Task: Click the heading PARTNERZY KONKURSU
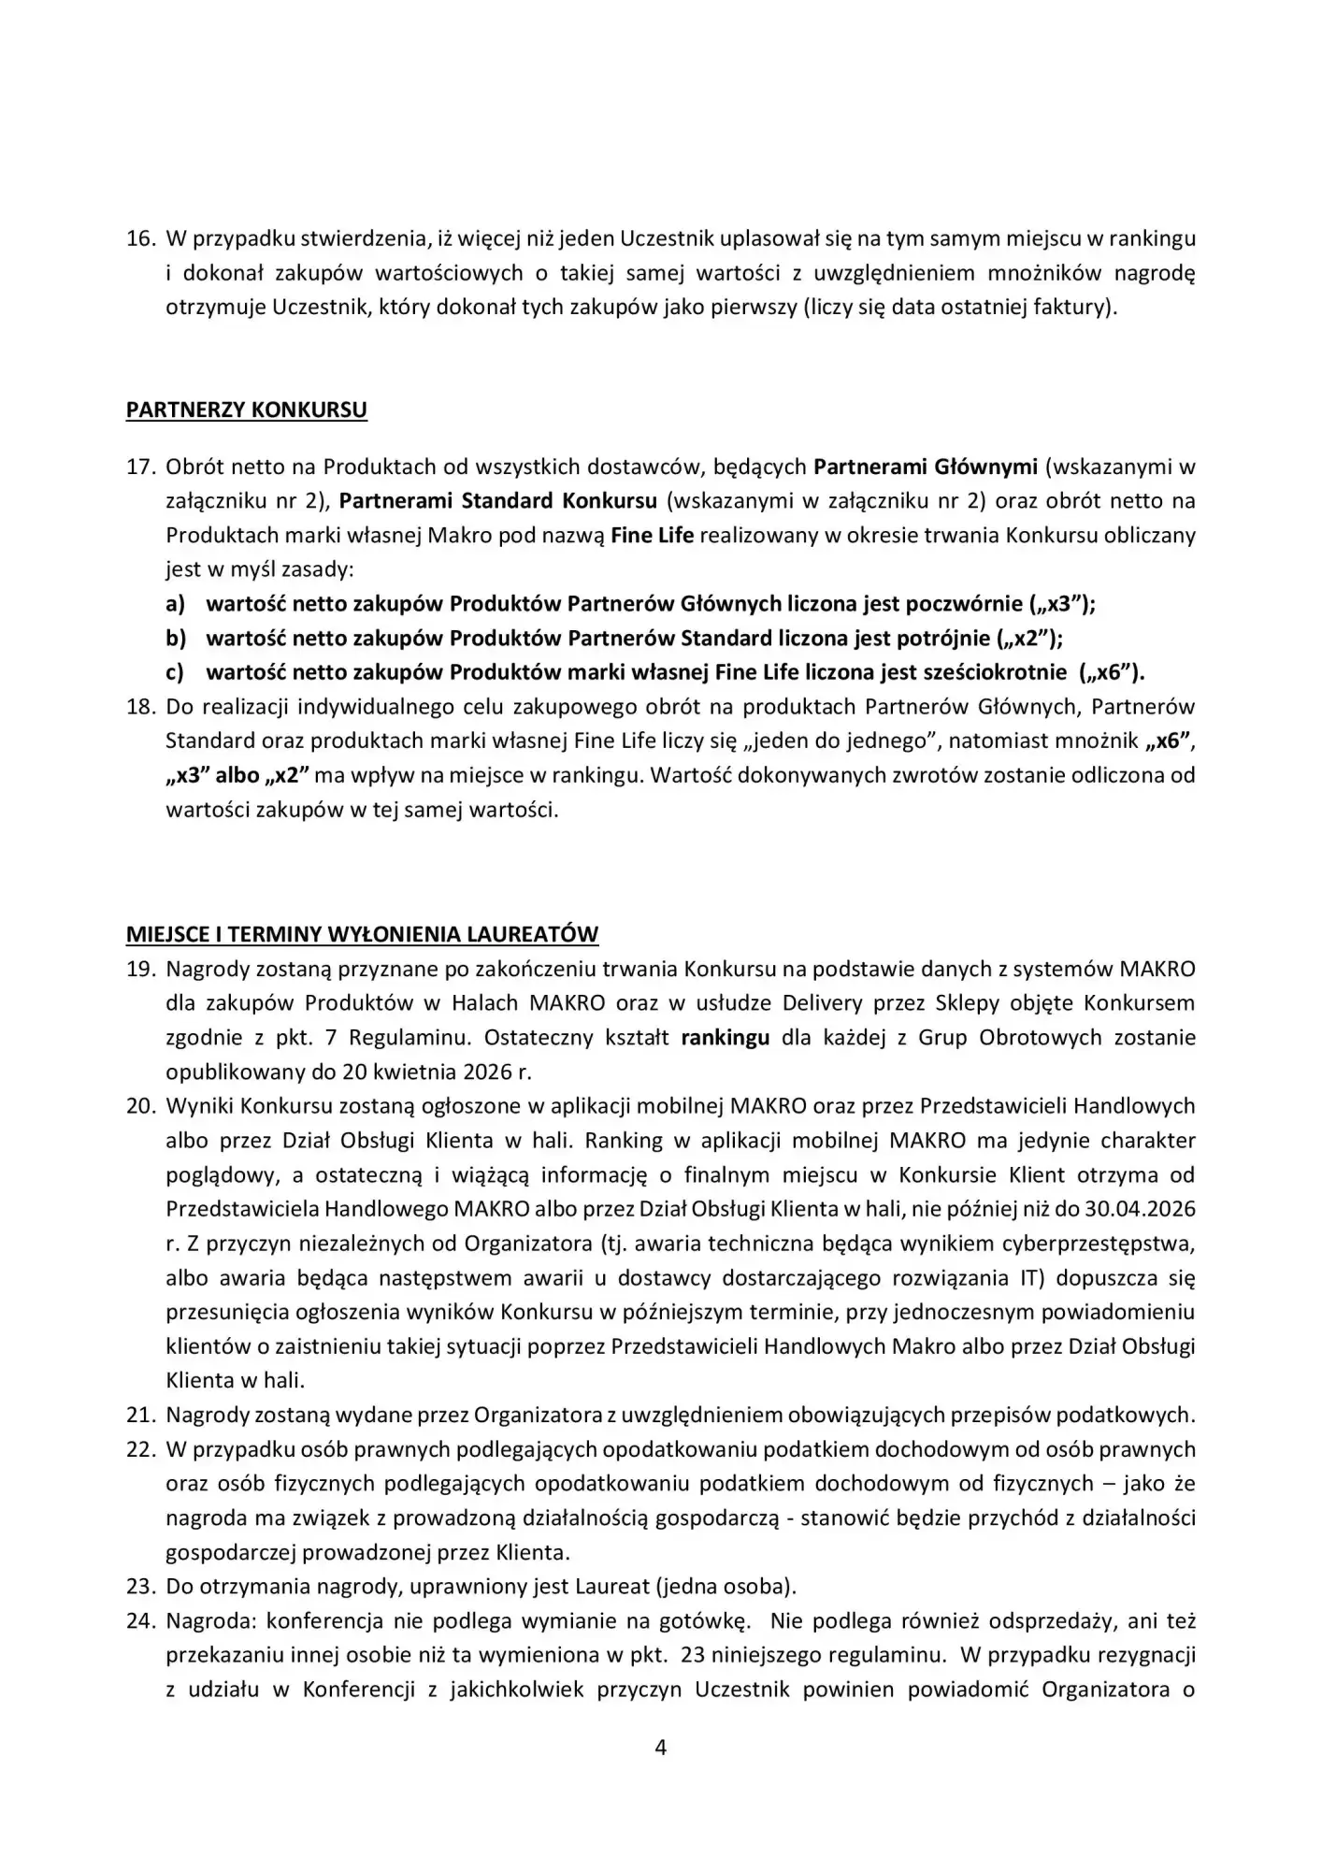pyautogui.click(x=246, y=410)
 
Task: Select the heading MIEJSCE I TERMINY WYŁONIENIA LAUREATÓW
pyautogui.click(x=362, y=934)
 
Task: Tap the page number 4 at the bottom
pyautogui.click(x=660, y=1748)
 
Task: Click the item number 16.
pyautogui.click(x=139, y=238)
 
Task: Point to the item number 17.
pyautogui.click(x=139, y=467)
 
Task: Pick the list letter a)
pyautogui.click(x=176, y=604)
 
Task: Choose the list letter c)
pyautogui.click(x=175, y=672)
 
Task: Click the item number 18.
pyautogui.click(x=139, y=707)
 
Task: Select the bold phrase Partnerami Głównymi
pyautogui.click(x=925, y=467)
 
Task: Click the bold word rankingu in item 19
pyautogui.click(x=726, y=1038)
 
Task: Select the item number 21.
pyautogui.click(x=139, y=1416)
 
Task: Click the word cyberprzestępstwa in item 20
pyautogui.click(x=1099, y=1244)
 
